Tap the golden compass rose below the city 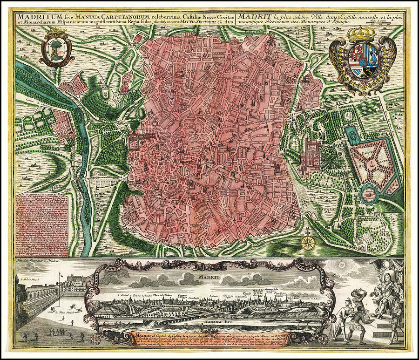308,242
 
